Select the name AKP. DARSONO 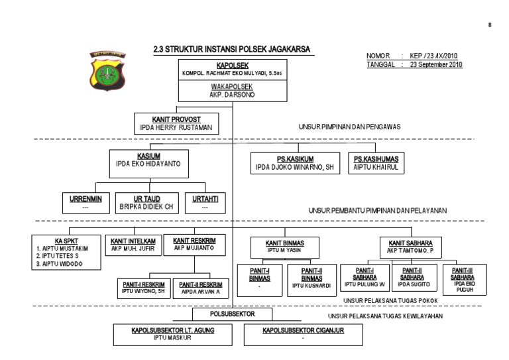click(233, 94)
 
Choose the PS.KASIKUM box click(295, 162)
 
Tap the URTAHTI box click(204, 202)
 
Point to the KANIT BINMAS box click(286, 247)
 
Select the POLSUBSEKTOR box click(233, 314)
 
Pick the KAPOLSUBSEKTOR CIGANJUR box click(303, 333)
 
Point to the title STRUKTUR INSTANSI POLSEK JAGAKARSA click(233, 48)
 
